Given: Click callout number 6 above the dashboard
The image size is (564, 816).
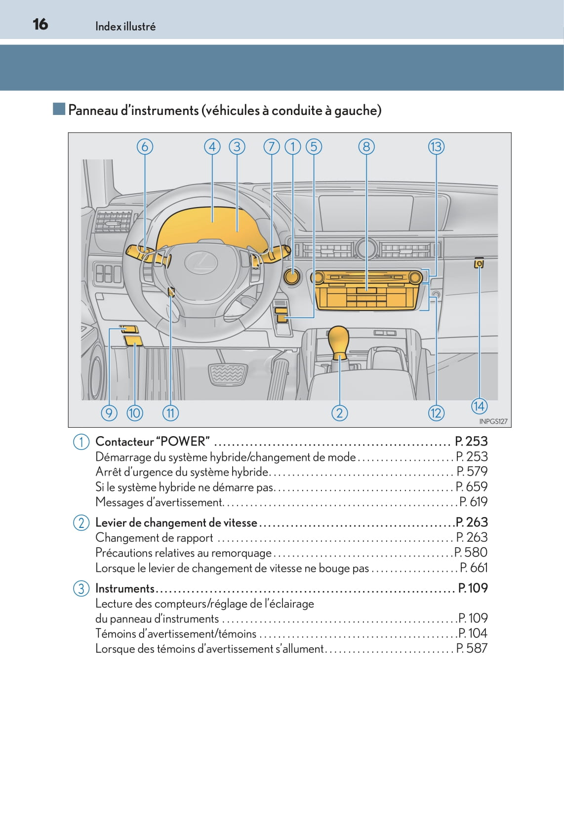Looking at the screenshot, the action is [x=145, y=147].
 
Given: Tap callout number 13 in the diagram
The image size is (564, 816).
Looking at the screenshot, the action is [x=436, y=147].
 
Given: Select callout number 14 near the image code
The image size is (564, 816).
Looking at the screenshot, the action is [x=479, y=406].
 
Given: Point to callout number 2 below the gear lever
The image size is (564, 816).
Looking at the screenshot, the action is [x=339, y=413].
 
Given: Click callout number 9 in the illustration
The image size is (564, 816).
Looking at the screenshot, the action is [x=109, y=413].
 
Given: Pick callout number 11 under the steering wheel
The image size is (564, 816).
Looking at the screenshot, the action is [x=170, y=413].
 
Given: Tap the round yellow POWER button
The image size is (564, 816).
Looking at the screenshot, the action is [x=292, y=276].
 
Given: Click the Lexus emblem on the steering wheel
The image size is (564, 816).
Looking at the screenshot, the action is [x=201, y=262].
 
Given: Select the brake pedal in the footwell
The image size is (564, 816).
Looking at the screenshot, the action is [x=228, y=374].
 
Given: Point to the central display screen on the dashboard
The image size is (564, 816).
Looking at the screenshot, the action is [x=365, y=213].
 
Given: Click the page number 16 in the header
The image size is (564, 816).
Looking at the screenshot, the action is [x=40, y=24].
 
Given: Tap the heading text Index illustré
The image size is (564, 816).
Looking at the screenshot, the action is [x=125, y=26].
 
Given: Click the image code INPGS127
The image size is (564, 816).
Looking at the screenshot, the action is [x=493, y=421].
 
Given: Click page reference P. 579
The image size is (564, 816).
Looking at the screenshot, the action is [x=472, y=471].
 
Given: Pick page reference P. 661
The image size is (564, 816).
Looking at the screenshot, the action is [x=474, y=567].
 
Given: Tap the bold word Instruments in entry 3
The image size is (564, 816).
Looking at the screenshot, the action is [x=125, y=589].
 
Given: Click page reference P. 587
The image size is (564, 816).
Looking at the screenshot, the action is [x=472, y=648].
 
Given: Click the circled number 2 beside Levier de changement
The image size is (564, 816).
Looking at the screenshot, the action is [x=81, y=523].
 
